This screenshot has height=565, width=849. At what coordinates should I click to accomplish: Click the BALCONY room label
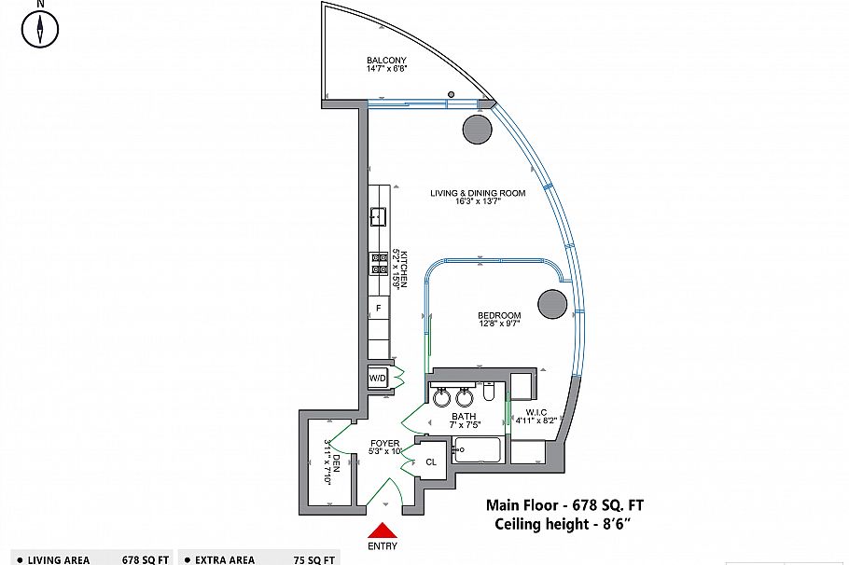pos(386,61)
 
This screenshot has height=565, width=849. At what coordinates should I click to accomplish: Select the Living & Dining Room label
pos(478,194)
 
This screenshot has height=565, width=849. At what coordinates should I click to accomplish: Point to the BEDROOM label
pos(500,316)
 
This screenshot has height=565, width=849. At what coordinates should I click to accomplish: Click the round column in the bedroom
pos(552,303)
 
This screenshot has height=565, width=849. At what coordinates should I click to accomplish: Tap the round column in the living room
pos(478,130)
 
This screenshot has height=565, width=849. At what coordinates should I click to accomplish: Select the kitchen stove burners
pos(379,264)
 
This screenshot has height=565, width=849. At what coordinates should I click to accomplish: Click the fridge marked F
pos(378,308)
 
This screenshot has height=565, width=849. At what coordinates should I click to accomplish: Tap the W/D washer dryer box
pos(378,379)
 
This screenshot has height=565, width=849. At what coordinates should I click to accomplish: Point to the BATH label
pos(465,417)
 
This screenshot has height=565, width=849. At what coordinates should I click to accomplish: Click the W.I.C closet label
pos(536,412)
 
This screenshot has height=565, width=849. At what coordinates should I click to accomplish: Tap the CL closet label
pos(432,462)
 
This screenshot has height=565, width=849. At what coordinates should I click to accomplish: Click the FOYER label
pos(385,443)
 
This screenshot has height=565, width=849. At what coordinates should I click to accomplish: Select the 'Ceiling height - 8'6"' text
pos(564,525)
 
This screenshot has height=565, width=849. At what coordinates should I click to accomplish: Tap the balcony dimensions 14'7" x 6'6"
pos(386,69)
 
